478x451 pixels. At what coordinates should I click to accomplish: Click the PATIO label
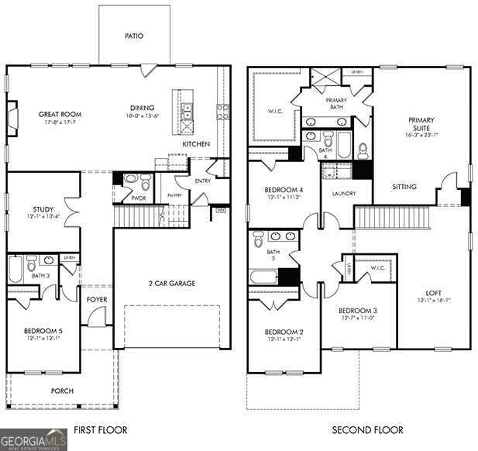tap(134, 36)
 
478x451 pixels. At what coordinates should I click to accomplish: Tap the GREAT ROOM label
tap(60, 115)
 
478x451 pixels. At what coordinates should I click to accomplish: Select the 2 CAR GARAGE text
tap(172, 284)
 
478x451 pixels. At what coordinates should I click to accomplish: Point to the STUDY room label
tap(43, 209)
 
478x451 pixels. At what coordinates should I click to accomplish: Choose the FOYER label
tap(97, 298)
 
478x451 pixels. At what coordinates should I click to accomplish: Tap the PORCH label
tap(62, 391)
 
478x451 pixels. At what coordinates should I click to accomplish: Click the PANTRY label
tap(175, 195)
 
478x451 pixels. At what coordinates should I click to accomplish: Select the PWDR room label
tap(139, 198)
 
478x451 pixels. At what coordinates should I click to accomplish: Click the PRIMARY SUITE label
tap(421, 125)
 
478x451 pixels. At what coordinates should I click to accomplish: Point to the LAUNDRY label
tap(342, 194)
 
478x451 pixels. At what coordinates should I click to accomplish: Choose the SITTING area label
tap(404, 187)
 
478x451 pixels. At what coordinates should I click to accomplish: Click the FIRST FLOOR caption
tap(100, 429)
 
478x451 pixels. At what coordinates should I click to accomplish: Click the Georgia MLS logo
tap(33, 439)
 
